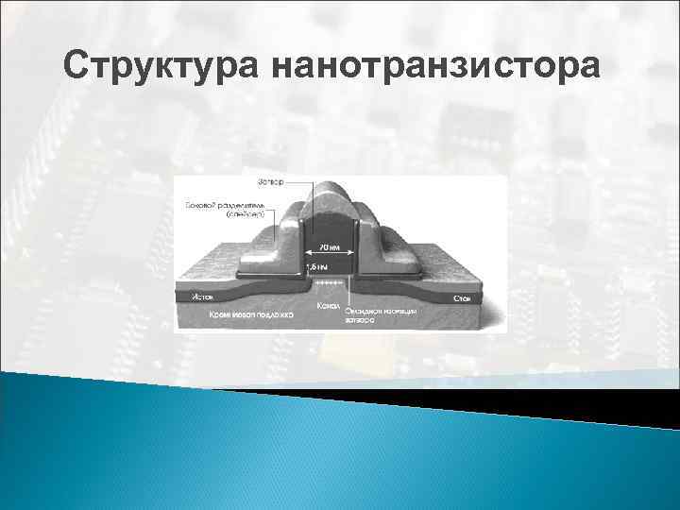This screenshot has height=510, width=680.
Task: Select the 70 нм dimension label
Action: coord(330,248)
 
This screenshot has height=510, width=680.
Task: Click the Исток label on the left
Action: coord(202,297)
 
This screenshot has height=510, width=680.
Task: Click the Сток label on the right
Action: coord(462,297)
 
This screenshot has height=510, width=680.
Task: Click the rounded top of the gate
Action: coord(330,193)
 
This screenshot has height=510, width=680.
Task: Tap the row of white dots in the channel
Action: coord(330,281)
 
